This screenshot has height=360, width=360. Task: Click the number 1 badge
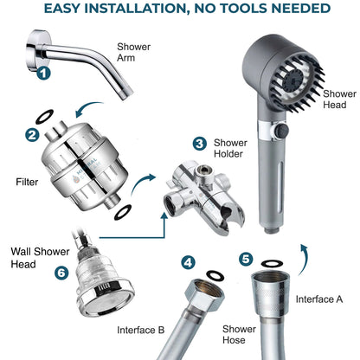pos(43,74)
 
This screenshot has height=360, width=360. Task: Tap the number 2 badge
pos(32,135)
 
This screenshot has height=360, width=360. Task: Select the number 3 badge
pos(200,144)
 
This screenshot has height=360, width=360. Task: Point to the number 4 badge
pos(189,261)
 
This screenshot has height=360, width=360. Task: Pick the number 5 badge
pos(247,258)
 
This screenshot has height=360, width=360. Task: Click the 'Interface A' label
pos(320,299)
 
